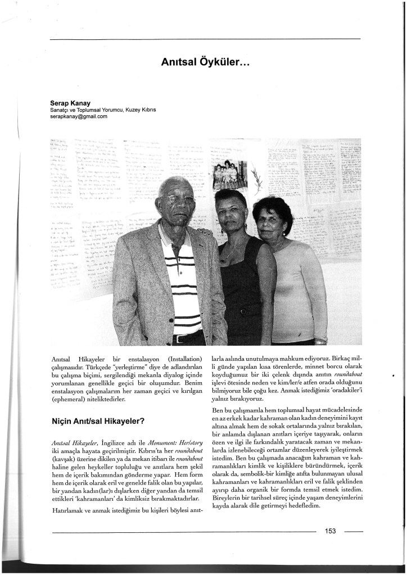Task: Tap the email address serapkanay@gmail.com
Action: click(x=79, y=117)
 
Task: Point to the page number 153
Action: click(x=331, y=531)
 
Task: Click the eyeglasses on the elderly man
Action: click(x=179, y=199)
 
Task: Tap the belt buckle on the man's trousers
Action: click(x=179, y=338)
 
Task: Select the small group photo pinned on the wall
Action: click(x=230, y=175)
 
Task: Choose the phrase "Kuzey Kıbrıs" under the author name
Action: click(x=141, y=110)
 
